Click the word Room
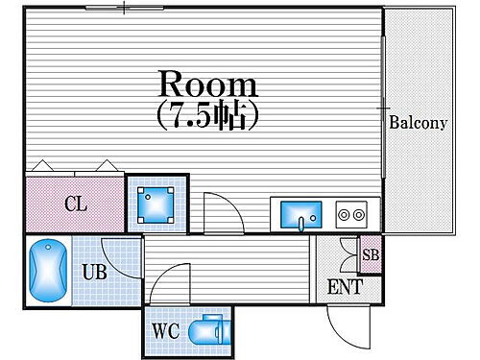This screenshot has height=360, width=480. coord(207,84)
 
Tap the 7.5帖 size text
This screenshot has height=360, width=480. coord(208,115)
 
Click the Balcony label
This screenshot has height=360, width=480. coord(419,123)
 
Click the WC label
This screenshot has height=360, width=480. coord(165,332)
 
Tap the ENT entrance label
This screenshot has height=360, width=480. coord(345,285)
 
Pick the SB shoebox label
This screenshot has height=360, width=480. coord(370,254)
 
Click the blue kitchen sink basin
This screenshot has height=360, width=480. coord(300,214)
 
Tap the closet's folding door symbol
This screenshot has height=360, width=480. coord(74,166)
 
